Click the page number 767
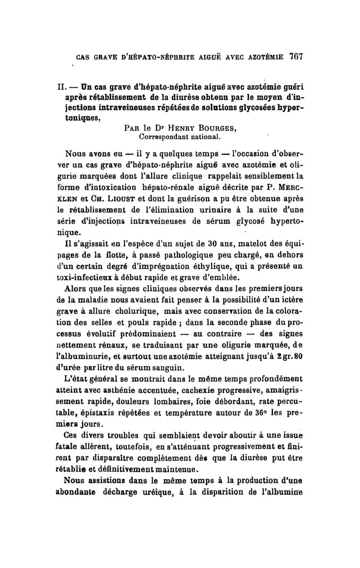click(x=295, y=57)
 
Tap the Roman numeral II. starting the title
click(x=71, y=86)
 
